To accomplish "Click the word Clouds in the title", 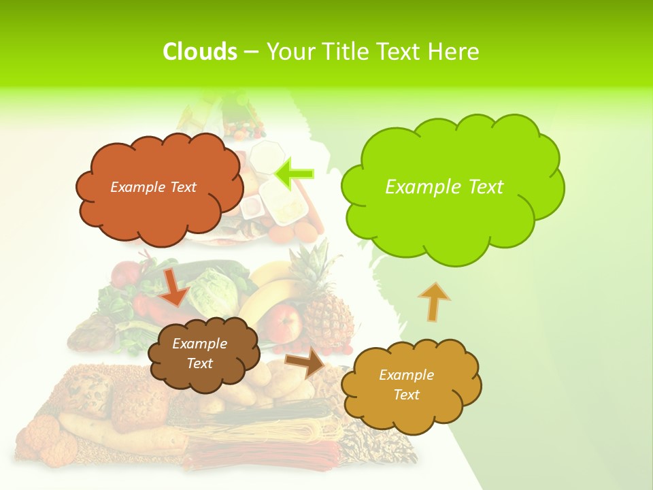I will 200,51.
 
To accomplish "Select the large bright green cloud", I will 452,187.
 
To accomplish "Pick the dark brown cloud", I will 203,354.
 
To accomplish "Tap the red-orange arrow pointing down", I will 173,287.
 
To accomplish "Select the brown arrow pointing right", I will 305,363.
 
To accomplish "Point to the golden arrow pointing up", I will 433,301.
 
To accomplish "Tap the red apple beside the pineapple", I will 286,320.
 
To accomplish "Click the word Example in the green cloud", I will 416,187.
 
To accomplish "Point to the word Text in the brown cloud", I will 199,363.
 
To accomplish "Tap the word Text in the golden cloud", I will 406,395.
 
